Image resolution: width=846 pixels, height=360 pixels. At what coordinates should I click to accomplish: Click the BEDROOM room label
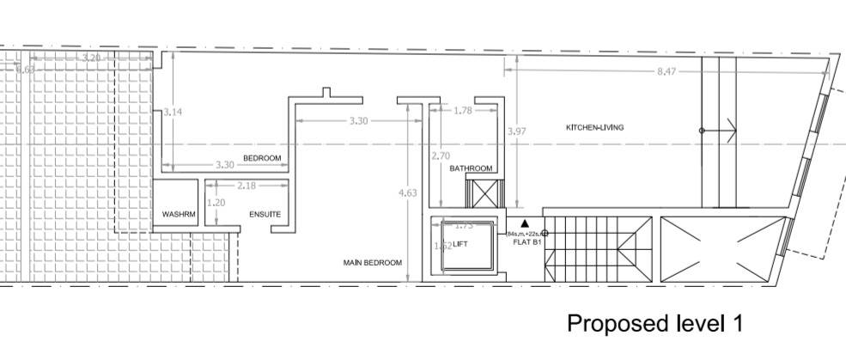262,158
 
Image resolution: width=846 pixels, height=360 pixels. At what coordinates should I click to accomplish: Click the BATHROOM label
471,168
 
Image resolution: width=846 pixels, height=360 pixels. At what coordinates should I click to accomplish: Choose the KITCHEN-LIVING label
594,128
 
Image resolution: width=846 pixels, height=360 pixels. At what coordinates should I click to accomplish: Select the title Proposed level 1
654,324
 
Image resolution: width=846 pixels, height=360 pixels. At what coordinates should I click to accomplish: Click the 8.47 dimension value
667,71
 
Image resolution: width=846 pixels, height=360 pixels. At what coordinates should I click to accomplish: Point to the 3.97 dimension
516,131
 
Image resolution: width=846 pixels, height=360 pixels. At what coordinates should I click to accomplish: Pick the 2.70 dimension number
440,156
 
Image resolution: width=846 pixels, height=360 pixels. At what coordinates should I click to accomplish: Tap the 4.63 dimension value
408,193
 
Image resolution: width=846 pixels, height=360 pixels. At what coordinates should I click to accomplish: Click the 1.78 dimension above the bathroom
462,110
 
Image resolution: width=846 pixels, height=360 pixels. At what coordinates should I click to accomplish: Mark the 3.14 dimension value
174,112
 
